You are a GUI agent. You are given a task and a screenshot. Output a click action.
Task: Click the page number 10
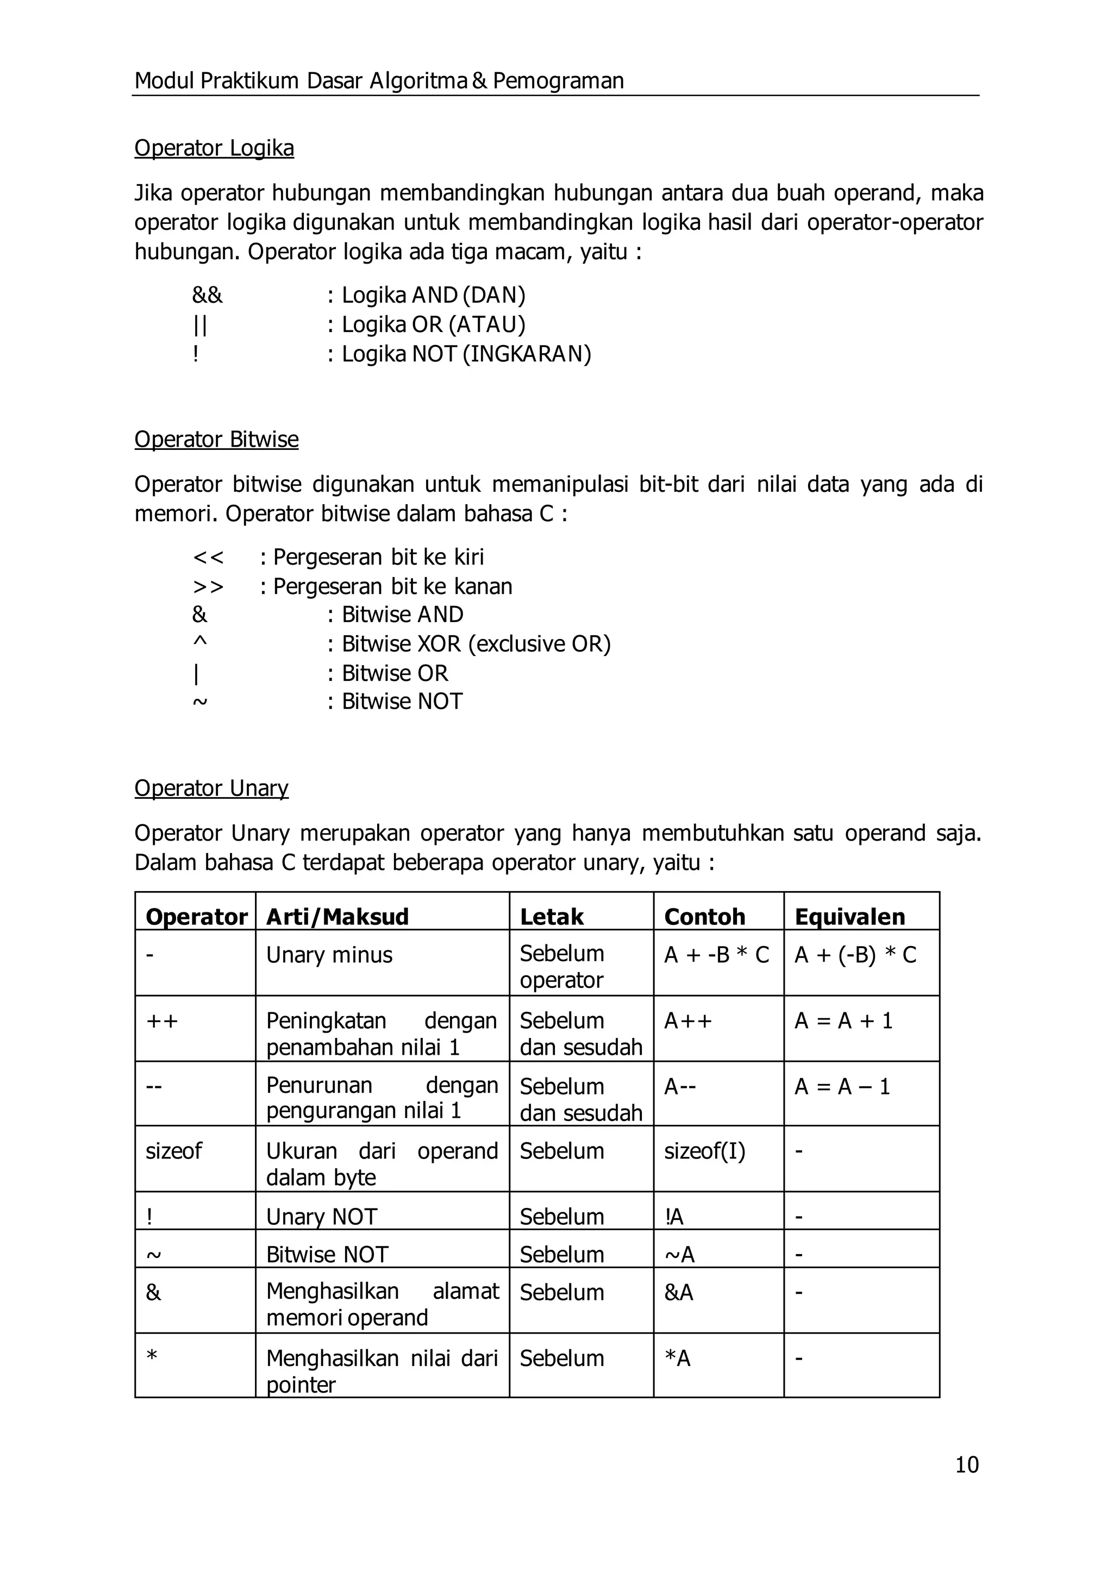coord(966,1464)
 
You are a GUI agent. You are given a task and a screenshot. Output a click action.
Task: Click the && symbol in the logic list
coord(207,296)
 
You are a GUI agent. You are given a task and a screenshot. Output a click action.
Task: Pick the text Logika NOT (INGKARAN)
coord(466,354)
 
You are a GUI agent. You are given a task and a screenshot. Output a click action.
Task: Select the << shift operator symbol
coord(208,557)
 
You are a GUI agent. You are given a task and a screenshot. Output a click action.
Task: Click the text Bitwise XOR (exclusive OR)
coord(476,644)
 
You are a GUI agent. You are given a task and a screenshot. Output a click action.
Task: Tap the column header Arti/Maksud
coord(337,917)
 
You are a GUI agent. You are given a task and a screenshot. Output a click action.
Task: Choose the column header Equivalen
coord(850,917)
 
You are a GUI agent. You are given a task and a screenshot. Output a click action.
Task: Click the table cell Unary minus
coord(329,955)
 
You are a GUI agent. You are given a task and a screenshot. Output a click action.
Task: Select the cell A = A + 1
coord(843,1021)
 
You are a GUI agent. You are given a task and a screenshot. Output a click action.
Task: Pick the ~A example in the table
coord(679,1255)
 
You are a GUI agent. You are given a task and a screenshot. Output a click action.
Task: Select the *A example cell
coord(678,1358)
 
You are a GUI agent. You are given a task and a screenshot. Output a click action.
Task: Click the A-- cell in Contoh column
coord(680,1086)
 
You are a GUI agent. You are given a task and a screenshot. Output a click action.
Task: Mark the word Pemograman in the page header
coord(558,81)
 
